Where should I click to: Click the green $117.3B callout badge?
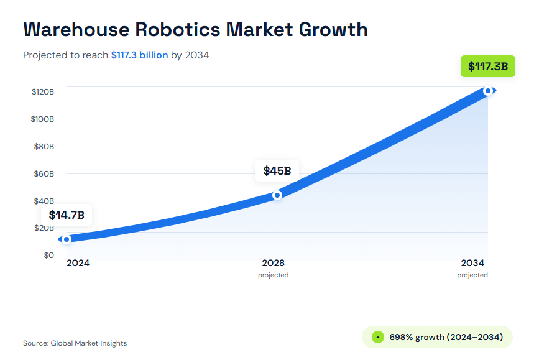coord(487,66)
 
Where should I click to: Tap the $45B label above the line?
coord(277,171)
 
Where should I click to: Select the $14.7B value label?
coord(67,216)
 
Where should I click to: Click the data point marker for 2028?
coord(277,195)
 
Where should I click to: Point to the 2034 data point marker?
coord(488,91)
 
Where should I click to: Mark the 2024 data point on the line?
coord(67,239)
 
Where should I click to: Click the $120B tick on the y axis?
coord(43,91)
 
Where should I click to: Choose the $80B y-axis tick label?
coord(44,146)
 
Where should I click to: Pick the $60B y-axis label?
coord(44,173)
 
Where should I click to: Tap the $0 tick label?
coord(48,255)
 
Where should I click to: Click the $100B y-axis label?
coord(42,119)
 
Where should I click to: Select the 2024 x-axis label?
coord(78,263)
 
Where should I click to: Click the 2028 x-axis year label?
coord(274,263)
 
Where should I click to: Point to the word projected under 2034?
coord(472,275)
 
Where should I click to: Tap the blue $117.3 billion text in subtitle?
coord(139,55)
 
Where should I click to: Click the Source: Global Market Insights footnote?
coord(75,343)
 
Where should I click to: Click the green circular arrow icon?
coord(377,337)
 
